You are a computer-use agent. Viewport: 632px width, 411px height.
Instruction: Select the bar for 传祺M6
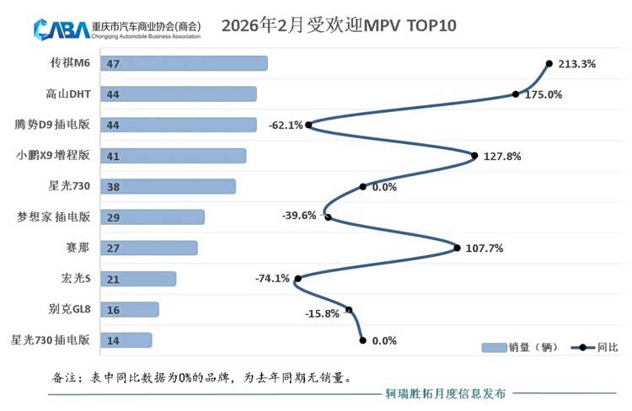click(183, 63)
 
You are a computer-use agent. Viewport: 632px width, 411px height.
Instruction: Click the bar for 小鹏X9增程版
click(173, 156)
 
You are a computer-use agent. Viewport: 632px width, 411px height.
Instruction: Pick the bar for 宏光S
click(137, 279)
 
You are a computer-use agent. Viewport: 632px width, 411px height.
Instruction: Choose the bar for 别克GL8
click(129, 310)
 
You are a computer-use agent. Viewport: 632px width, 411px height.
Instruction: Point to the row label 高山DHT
click(69, 94)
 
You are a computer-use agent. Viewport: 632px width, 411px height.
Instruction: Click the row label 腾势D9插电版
click(52, 125)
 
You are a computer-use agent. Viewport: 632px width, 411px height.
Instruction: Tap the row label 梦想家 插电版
click(53, 217)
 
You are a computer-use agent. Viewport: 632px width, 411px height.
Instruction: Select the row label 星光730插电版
click(50, 340)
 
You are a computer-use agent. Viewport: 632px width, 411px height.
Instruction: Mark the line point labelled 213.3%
click(549, 63)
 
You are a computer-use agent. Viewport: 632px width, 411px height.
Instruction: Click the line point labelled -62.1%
click(308, 125)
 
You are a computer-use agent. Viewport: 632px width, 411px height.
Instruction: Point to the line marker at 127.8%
click(475, 156)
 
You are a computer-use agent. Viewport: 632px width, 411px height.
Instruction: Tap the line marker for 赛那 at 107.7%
click(457, 248)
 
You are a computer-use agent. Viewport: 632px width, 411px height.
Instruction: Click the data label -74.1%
click(272, 279)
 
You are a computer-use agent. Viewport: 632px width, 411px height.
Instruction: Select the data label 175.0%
click(544, 94)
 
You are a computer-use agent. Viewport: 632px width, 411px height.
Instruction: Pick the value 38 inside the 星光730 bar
click(111, 187)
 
